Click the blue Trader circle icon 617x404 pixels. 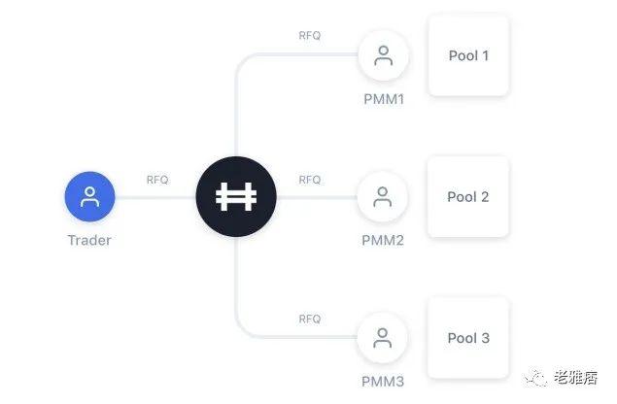coord(89,196)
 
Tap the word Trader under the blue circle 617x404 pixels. coord(89,240)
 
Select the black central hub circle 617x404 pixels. coord(236,196)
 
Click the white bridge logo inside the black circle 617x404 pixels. coord(236,196)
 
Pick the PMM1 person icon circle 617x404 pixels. coord(383,55)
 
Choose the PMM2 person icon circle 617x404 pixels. coord(383,197)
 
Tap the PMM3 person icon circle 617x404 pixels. coord(383,338)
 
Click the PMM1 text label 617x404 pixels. coord(384,99)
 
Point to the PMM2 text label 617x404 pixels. coord(383,240)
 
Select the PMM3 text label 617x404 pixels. coord(383,382)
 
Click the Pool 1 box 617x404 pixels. coord(468,55)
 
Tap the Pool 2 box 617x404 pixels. coord(468,197)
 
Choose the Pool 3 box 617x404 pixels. coord(468,338)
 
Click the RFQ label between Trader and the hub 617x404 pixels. coord(157,180)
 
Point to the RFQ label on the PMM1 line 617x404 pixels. coord(310,35)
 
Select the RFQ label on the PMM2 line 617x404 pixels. coord(310,180)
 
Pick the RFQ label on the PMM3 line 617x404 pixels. coord(310,319)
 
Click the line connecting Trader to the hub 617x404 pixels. coord(155,197)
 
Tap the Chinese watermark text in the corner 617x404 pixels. coord(575,378)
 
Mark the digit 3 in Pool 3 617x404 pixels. coord(485,338)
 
